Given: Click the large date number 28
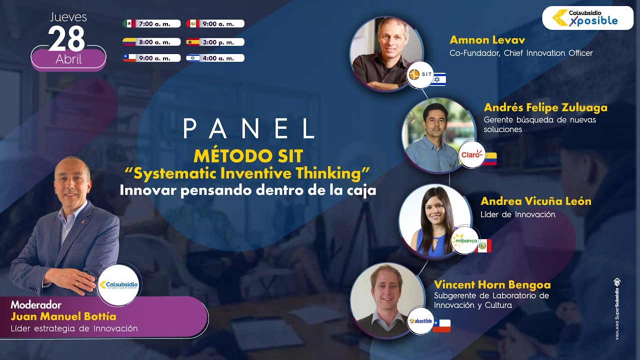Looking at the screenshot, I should [66, 38].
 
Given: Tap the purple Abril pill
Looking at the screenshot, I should [68, 59].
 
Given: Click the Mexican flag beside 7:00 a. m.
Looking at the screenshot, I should [129, 23].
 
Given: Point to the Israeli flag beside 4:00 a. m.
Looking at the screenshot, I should [193, 58].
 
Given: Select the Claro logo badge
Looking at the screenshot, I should [471, 155].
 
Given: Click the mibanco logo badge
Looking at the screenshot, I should [464, 240].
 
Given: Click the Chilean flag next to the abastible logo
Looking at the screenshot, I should [441, 325].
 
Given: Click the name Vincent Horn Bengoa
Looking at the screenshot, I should [492, 285].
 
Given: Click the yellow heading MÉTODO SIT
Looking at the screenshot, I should [248, 156].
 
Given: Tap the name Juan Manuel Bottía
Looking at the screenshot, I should [63, 316].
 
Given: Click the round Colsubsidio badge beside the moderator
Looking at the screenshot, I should [119, 284].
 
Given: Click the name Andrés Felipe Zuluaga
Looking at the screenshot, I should [545, 107].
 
